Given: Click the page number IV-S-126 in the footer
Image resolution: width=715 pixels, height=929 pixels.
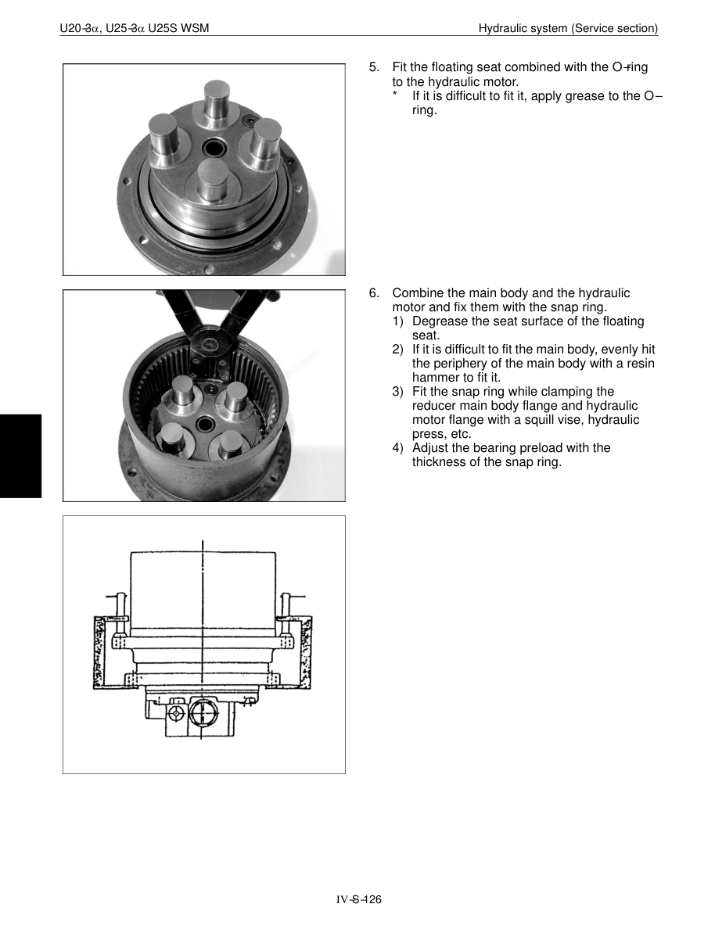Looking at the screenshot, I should click(358, 900).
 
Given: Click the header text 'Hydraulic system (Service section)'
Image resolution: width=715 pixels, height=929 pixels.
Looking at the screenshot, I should click(568, 29).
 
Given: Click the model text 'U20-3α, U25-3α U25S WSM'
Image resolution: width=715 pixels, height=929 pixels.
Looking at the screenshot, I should click(134, 29).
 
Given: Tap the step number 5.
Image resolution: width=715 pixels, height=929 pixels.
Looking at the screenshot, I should click(373, 67).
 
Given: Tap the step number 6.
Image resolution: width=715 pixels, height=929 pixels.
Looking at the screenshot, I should click(373, 293).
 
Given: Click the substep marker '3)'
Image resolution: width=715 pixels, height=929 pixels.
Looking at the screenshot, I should click(398, 392).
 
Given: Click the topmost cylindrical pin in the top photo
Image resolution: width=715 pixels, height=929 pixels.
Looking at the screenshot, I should click(216, 100).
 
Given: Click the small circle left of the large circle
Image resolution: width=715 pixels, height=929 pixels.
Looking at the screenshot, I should click(177, 714).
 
